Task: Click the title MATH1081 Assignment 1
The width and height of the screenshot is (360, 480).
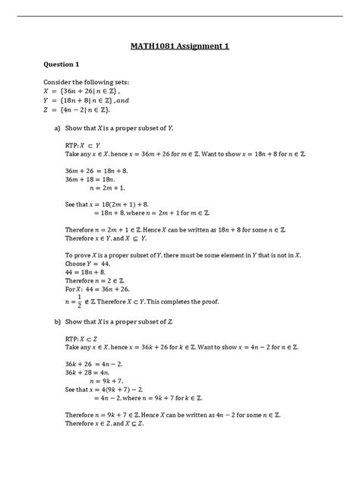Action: [x=179, y=46]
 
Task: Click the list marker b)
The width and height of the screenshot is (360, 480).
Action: [x=56, y=321]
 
